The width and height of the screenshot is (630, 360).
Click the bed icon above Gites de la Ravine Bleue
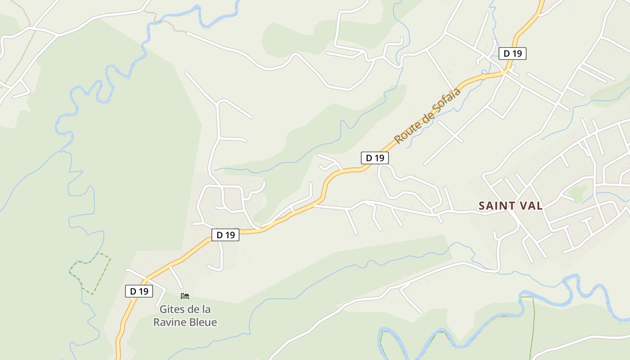(x=184, y=296)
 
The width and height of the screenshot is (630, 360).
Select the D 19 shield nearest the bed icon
(x=139, y=291)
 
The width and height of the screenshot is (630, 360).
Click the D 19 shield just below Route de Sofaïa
(x=374, y=158)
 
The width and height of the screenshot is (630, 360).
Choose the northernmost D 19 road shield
(x=512, y=54)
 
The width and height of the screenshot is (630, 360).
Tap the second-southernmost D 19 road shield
(x=225, y=234)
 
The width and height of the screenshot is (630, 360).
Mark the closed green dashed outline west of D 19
(x=90, y=273)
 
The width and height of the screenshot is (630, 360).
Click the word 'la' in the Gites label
(x=206, y=310)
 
